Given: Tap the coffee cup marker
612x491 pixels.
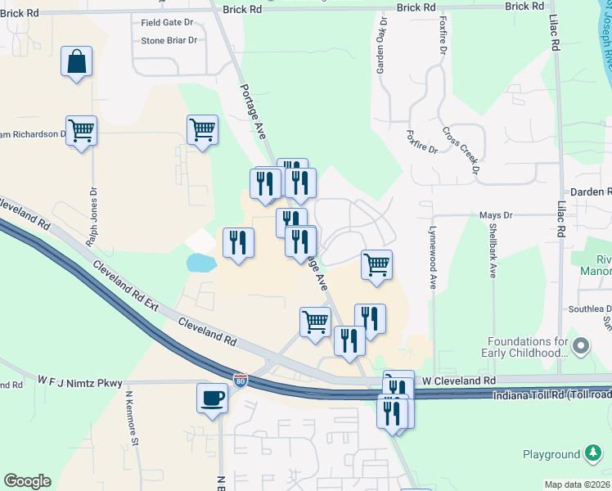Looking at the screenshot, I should (212, 398).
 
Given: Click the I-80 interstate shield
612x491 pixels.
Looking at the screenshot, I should (240, 380).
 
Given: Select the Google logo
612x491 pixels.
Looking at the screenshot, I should (27, 481).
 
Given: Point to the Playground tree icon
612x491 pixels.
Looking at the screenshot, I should (592, 454).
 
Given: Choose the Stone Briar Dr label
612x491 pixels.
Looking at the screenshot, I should (169, 39).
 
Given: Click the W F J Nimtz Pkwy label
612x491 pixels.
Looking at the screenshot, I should (79, 381).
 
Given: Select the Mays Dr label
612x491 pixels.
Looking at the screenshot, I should (495, 215).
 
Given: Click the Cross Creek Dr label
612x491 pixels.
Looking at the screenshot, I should (460, 150).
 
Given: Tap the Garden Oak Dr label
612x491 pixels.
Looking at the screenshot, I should (380, 46).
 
